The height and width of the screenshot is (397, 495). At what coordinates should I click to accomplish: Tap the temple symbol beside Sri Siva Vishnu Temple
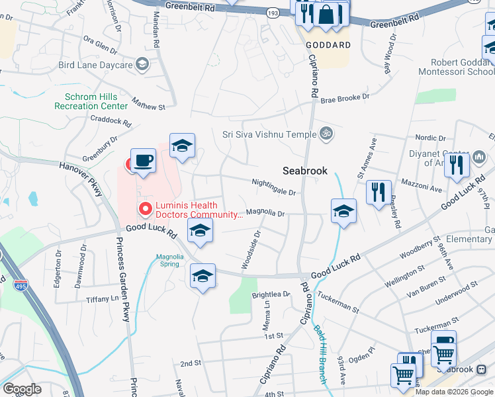pos(325,134)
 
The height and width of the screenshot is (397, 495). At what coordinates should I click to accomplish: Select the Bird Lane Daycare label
pos(95,65)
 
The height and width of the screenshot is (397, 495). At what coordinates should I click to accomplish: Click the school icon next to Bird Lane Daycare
pos(142,64)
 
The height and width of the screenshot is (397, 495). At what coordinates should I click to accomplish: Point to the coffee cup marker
pos(143,161)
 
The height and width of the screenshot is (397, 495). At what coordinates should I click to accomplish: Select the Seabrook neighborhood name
pos(305,171)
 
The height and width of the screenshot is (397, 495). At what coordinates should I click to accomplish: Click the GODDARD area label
pos(328,45)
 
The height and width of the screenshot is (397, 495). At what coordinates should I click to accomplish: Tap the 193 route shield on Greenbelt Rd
pos(272,13)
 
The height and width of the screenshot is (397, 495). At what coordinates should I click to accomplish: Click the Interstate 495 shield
pos(19,286)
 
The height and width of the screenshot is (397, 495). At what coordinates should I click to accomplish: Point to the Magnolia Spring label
pos(168,260)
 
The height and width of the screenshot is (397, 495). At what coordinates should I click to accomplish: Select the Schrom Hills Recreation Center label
pos(91,101)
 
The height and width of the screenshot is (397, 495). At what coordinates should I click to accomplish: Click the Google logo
pos(22,389)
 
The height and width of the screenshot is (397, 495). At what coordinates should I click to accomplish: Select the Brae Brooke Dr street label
pos(345,99)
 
